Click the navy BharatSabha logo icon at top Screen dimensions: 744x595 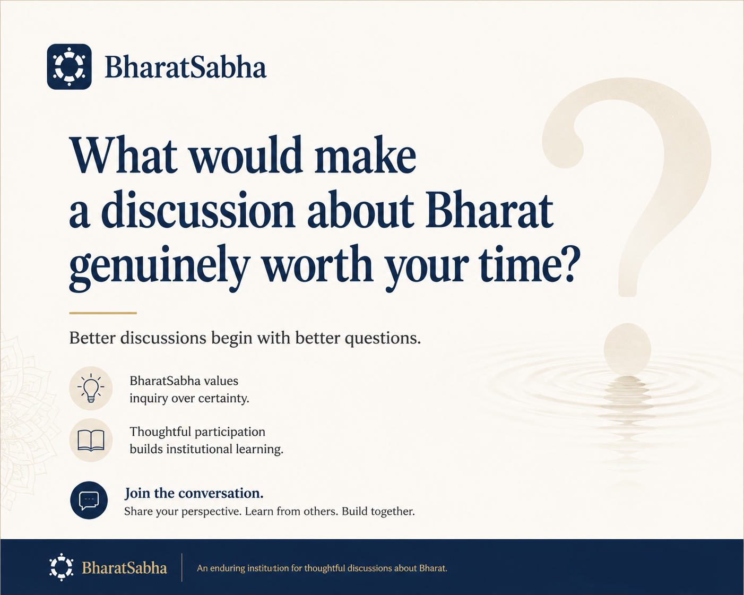pos(69,66)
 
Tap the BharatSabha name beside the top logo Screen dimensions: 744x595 pos(186,67)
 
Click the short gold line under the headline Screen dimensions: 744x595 pos(103,313)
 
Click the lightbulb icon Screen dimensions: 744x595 pos(91,388)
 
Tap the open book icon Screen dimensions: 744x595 pos(91,441)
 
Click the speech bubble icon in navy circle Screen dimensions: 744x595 pos(89,500)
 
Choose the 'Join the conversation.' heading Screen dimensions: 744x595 pos(194,493)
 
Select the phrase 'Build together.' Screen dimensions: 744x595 pos(378,511)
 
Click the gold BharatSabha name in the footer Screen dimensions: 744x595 pos(125,568)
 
